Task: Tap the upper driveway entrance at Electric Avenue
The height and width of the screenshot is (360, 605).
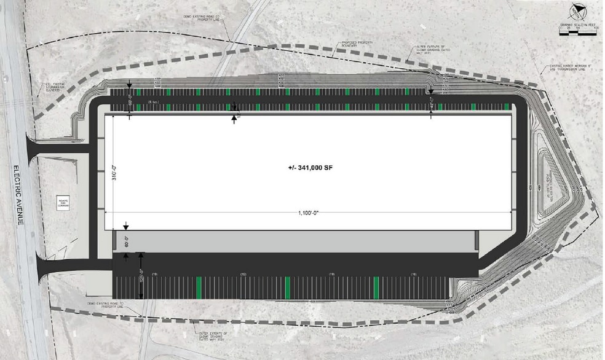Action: tap(58, 148)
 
